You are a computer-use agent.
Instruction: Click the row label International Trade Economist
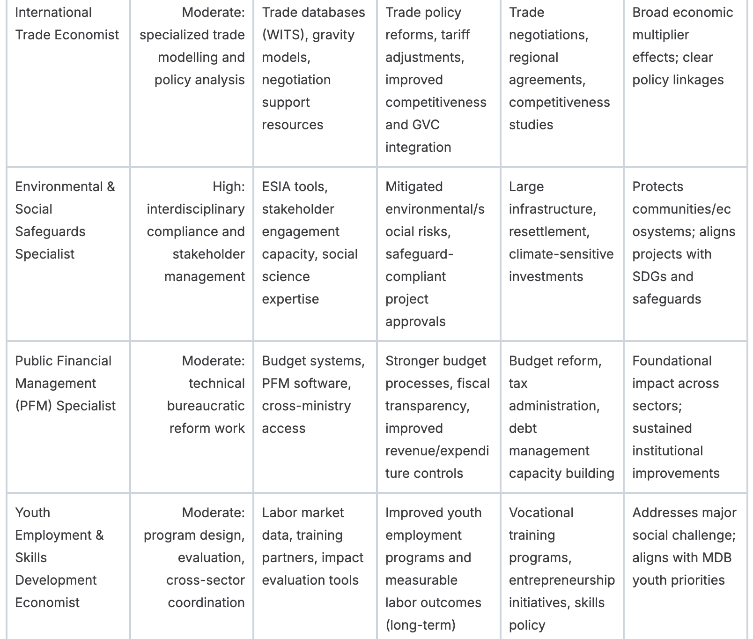coord(67,23)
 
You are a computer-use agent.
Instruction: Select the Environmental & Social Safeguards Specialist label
coord(65,220)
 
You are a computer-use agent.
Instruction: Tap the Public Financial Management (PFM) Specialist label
coord(65,383)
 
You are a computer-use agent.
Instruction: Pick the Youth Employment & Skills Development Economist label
coord(59,557)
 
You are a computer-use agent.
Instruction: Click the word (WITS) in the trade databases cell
coord(283,35)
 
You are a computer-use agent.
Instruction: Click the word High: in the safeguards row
coord(229,186)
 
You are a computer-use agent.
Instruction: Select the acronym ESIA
coord(276,186)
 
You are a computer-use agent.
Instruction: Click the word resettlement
coord(549,231)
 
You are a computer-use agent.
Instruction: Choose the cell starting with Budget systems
coord(313,394)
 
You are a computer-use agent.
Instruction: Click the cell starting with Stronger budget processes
coord(437,417)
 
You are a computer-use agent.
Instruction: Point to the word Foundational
coord(672,361)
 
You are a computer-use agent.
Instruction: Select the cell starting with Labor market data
coord(312,546)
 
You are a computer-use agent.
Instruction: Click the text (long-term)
coord(420,625)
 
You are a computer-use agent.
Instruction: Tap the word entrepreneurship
coord(561,580)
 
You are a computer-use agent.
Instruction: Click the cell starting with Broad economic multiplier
coord(682,46)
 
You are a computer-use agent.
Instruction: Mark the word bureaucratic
coord(206,406)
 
